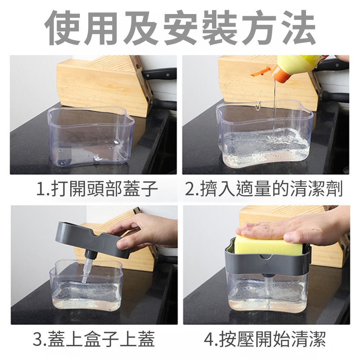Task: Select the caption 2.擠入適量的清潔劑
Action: (x=264, y=189)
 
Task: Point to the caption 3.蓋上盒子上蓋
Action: (x=94, y=339)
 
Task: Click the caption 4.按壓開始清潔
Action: (x=265, y=339)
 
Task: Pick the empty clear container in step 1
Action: (x=91, y=136)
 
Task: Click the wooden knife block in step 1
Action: (x=104, y=85)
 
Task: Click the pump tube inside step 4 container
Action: (x=268, y=290)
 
